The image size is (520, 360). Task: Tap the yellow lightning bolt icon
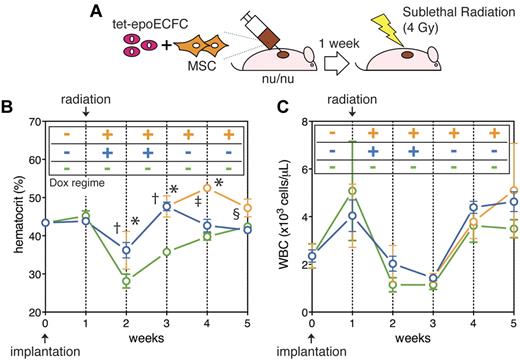pyautogui.click(x=411, y=19)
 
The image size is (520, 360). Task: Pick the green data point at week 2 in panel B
pyautogui.click(x=126, y=281)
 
